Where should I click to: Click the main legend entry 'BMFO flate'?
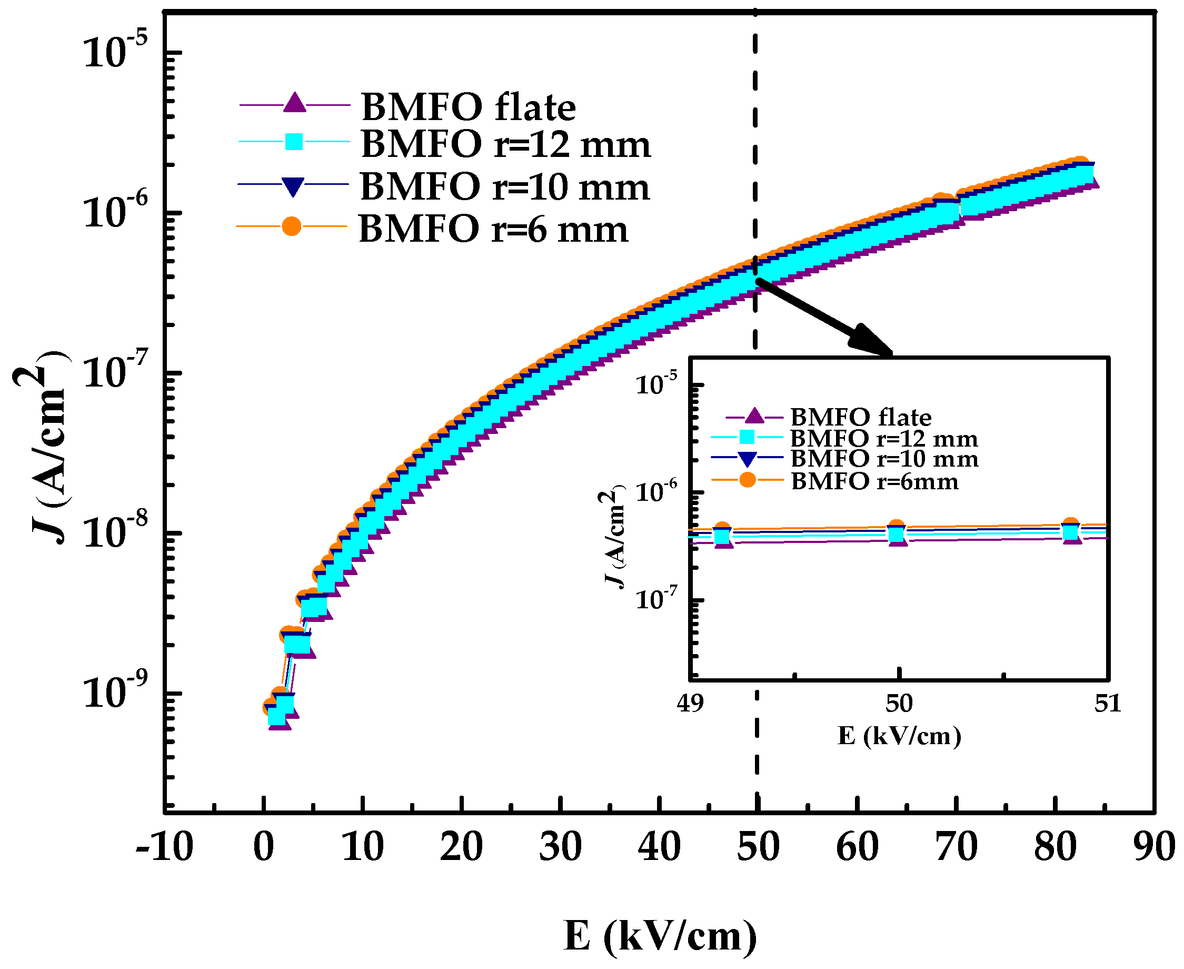click(x=467, y=107)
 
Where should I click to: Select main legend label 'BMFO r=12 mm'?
click(x=505, y=145)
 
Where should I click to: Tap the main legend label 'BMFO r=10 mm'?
click(x=504, y=187)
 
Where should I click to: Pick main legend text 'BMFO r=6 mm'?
click(x=493, y=230)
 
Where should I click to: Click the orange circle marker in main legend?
click(x=291, y=226)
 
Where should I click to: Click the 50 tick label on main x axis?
click(x=757, y=847)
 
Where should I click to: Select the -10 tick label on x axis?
click(x=164, y=847)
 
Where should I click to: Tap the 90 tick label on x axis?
click(x=1153, y=847)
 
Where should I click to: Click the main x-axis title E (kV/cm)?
click(x=660, y=935)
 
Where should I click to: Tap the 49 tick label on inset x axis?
click(x=690, y=703)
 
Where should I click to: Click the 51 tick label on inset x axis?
click(x=1107, y=703)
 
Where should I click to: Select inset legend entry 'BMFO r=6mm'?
click(x=874, y=481)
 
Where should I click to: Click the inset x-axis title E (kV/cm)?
click(x=899, y=736)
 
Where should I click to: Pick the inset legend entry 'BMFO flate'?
click(x=860, y=418)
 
